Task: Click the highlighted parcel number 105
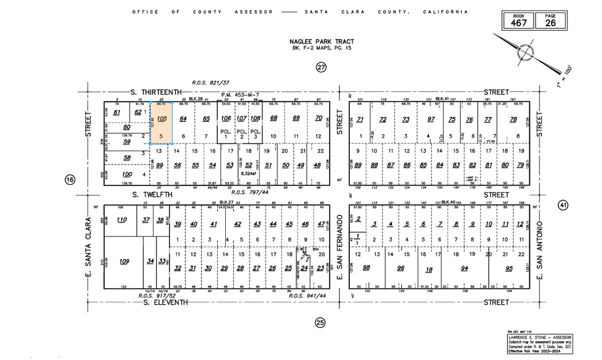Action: [162, 118]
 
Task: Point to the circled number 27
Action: [322, 68]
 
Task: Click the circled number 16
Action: [70, 179]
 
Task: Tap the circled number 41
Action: [563, 205]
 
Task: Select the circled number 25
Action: [319, 322]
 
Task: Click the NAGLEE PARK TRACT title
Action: [322, 42]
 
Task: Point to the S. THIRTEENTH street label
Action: [157, 92]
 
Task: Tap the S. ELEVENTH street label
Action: [157, 302]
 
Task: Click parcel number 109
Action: [124, 261]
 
